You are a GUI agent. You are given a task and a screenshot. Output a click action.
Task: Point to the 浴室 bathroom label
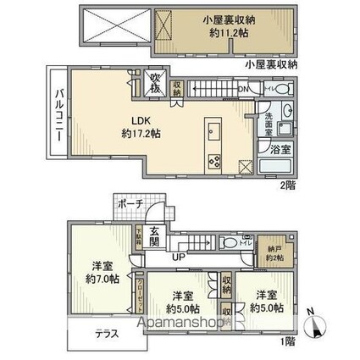tap(280, 149)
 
